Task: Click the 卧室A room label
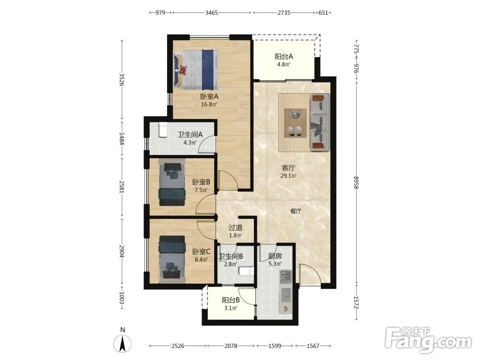click(x=209, y=96)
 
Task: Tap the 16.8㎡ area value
click(x=209, y=104)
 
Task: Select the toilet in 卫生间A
click(x=163, y=130)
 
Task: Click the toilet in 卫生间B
click(x=246, y=271)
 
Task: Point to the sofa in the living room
click(x=320, y=122)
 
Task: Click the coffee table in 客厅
click(x=295, y=123)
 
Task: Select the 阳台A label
click(x=284, y=57)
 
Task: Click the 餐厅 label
click(x=296, y=211)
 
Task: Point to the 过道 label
click(x=236, y=228)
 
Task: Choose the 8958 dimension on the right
click(x=356, y=182)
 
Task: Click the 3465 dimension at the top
click(x=212, y=12)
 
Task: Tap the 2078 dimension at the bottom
click(x=230, y=346)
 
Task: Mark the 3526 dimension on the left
click(x=121, y=79)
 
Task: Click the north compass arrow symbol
click(x=122, y=344)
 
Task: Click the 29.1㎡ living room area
click(x=288, y=176)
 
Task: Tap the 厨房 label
click(x=275, y=256)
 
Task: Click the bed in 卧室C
click(x=172, y=259)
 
